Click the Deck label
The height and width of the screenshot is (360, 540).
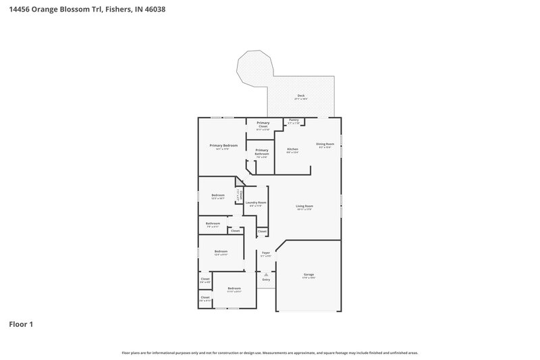(301, 95)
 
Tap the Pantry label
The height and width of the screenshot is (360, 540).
(294, 120)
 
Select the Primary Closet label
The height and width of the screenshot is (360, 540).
(263, 123)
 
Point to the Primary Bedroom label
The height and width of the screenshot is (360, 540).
(223, 145)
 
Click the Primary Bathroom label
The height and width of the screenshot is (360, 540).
(262, 152)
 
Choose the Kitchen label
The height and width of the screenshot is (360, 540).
(292, 149)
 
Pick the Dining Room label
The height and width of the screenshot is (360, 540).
(325, 144)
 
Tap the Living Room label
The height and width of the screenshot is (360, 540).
(304, 206)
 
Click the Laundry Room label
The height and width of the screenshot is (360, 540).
(256, 203)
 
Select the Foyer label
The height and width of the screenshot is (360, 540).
(267, 253)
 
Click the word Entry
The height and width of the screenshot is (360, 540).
(266, 279)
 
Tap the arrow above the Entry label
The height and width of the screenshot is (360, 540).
(266, 274)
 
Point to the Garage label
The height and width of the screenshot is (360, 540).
(308, 275)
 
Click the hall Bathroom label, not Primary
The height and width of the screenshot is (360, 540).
(213, 223)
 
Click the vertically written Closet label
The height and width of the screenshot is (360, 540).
(238, 195)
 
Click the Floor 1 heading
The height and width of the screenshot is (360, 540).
(21, 324)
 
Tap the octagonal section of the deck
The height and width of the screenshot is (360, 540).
(254, 68)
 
